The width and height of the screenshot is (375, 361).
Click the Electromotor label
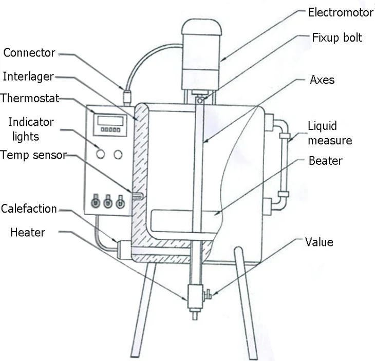click(340, 12)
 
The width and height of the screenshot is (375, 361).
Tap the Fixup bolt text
click(336, 38)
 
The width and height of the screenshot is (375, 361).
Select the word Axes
click(322, 80)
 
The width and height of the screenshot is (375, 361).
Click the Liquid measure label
click(329, 133)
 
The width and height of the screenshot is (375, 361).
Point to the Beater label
click(325, 160)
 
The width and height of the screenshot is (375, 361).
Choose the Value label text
click(319, 241)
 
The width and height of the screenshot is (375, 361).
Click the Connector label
click(29, 52)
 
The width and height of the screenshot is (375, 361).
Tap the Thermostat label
click(30, 98)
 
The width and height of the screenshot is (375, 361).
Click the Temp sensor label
click(33, 154)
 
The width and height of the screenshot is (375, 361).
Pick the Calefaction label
click(29, 208)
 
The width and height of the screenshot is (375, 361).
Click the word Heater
click(28, 232)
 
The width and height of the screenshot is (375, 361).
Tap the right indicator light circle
click(119, 154)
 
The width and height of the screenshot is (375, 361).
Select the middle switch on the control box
click(107, 202)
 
